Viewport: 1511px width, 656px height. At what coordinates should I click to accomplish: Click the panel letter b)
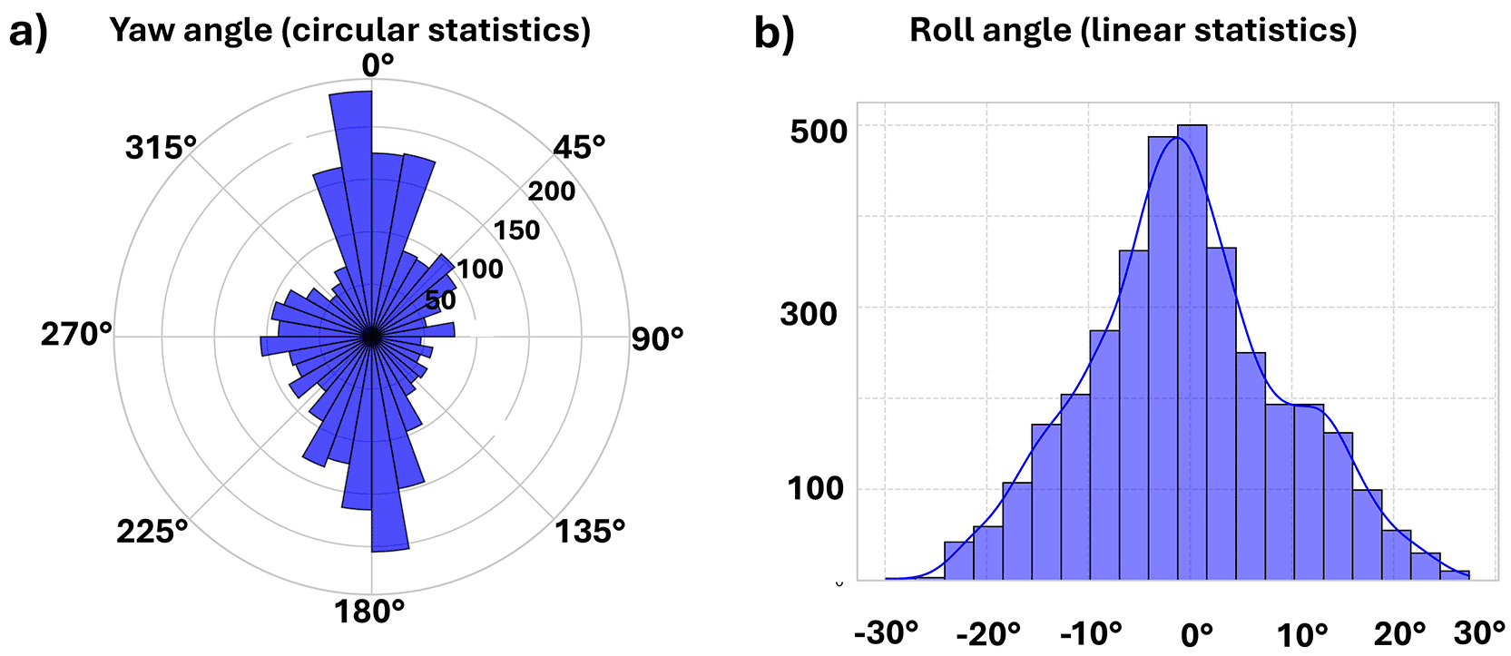pyautogui.click(x=774, y=34)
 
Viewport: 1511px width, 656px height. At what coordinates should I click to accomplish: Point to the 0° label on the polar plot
pyautogui.click(x=378, y=65)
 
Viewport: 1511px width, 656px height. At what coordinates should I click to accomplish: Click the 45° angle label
pyautogui.click(x=579, y=147)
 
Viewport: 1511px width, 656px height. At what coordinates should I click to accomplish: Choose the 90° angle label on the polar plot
pyautogui.click(x=657, y=339)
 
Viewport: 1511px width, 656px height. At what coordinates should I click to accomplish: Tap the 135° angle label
pyautogui.click(x=590, y=531)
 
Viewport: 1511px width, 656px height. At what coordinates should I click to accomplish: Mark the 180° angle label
pyautogui.click(x=369, y=612)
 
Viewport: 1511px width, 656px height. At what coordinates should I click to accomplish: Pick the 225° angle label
pyautogui.click(x=152, y=531)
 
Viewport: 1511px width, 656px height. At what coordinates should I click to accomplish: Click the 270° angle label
pyautogui.click(x=76, y=335)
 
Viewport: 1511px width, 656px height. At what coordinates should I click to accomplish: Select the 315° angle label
pyautogui.click(x=161, y=147)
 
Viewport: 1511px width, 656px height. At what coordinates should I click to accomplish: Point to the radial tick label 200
pyautogui.click(x=552, y=191)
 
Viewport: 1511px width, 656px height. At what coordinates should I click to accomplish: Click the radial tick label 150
pyautogui.click(x=516, y=230)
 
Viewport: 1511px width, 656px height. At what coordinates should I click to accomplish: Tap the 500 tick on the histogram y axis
pyautogui.click(x=818, y=131)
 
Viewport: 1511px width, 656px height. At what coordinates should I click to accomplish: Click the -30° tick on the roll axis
pyautogui.click(x=887, y=632)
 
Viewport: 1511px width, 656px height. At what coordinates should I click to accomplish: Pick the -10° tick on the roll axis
pyautogui.click(x=1091, y=632)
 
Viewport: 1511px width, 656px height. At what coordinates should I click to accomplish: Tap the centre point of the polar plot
pyautogui.click(x=370, y=337)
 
